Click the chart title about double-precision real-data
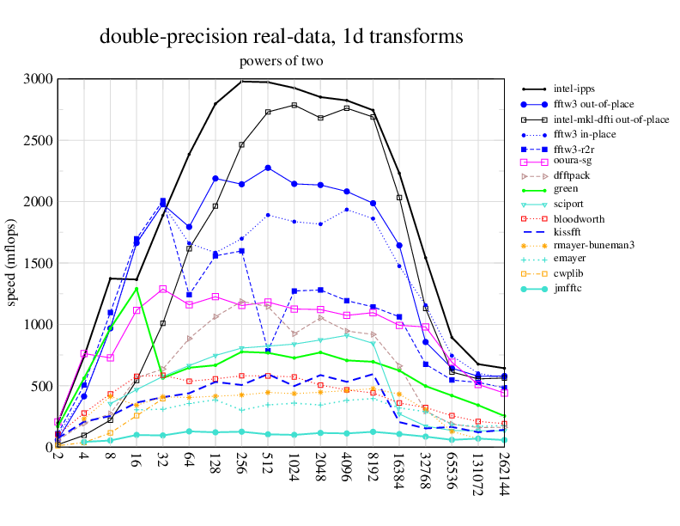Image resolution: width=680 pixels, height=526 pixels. [x=282, y=36]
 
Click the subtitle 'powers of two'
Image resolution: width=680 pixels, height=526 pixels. [x=281, y=61]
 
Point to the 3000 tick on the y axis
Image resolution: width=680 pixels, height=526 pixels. [x=37, y=79]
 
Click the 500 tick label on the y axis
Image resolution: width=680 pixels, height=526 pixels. [x=40, y=386]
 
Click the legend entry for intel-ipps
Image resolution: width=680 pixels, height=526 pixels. [x=576, y=89]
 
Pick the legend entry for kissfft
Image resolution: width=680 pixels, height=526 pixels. [x=571, y=230]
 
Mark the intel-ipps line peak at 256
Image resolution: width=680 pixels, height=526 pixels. [x=241, y=81]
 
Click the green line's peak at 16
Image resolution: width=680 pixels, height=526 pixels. [x=137, y=288]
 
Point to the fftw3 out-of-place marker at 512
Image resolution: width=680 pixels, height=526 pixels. [x=268, y=168]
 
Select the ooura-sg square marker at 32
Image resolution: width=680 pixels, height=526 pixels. [x=163, y=289]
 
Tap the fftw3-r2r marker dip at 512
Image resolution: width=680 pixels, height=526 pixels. [x=268, y=351]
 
